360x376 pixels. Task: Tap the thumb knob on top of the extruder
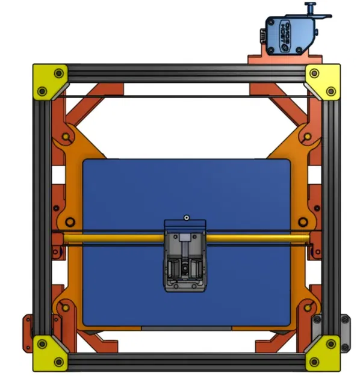tap(311, 7)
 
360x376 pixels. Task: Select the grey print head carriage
tap(185, 256)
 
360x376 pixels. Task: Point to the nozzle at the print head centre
tap(185, 265)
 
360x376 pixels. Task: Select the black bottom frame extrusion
tap(187, 361)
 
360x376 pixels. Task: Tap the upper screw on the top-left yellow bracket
tap(58, 73)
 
